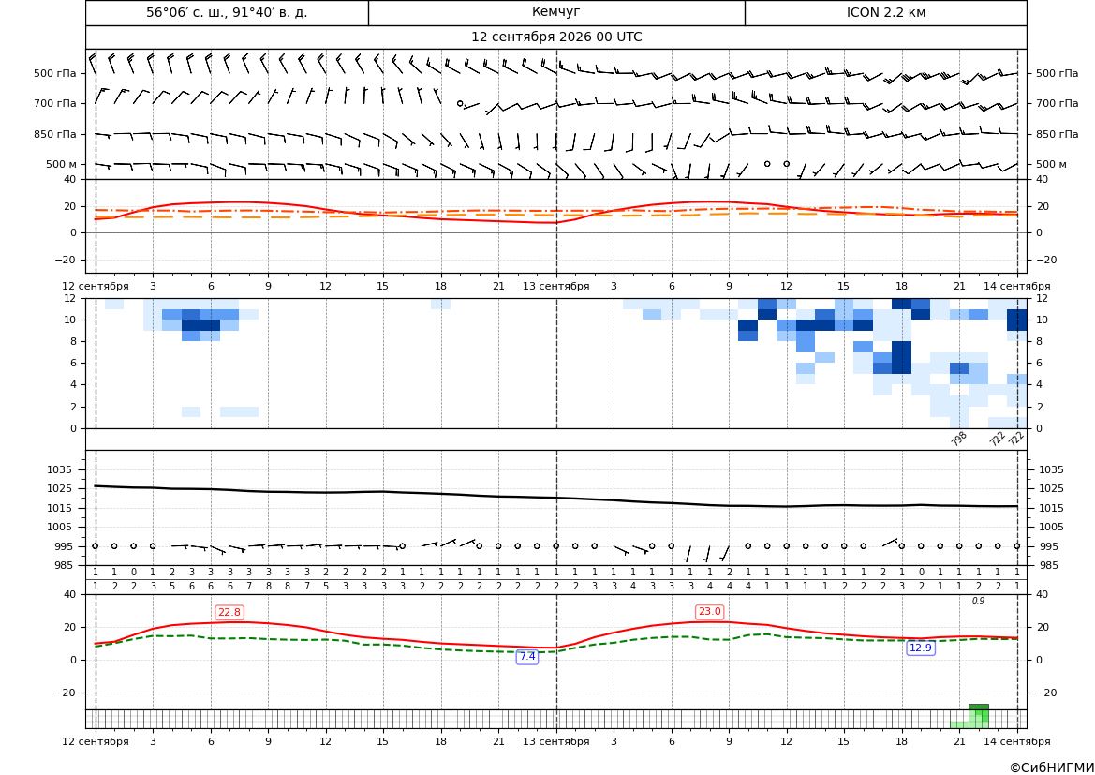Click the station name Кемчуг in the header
pos(555,12)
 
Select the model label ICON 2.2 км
pos(885,12)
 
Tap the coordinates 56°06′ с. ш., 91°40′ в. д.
pos(227,12)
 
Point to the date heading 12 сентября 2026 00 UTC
pos(556,37)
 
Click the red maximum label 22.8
pos(229,612)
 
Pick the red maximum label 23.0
pos(709,612)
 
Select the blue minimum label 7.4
pos(527,656)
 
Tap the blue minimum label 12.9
pos(921,648)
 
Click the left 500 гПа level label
pos(55,73)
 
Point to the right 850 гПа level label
pos(1058,134)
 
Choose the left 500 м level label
pos(62,164)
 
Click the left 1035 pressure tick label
pos(62,469)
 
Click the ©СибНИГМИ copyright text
pos(1052,768)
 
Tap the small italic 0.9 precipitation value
pos(978,601)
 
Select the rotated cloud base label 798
pos(959,439)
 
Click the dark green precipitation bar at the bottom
pos(978,708)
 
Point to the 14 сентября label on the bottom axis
pos(1017,741)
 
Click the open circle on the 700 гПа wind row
pos(460,103)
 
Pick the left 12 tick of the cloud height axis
pos(70,298)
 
